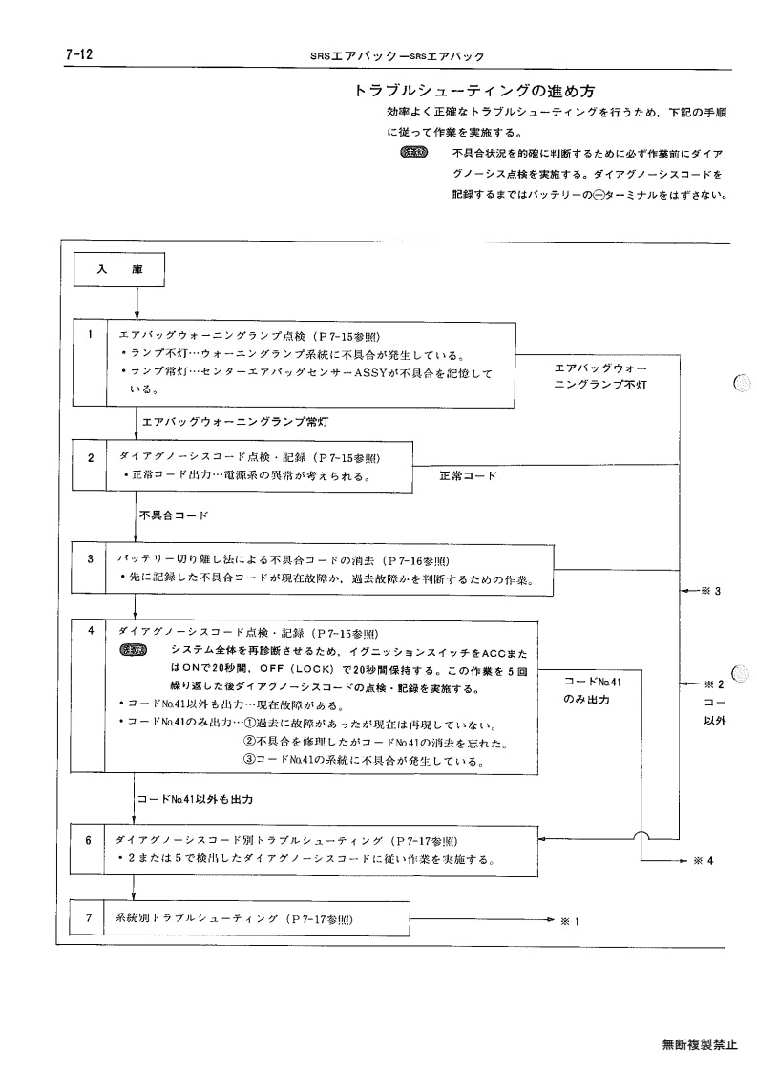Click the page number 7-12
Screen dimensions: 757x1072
(79, 54)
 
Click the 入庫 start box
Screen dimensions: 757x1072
(119, 270)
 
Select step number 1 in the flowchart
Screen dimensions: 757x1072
(90, 334)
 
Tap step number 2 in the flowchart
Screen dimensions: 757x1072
(91, 458)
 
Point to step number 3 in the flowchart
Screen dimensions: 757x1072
(91, 558)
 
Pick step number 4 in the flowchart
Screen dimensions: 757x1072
(91, 630)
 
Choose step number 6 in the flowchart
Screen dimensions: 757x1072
(88, 840)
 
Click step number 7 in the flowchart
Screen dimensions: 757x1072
(88, 917)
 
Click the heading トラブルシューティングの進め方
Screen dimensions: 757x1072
(474, 91)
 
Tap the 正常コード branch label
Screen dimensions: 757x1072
(469, 475)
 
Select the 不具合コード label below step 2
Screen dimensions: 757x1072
(174, 515)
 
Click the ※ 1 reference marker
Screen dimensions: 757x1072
(570, 921)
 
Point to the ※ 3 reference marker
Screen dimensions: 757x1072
(710, 591)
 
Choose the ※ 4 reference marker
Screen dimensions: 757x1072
(704, 861)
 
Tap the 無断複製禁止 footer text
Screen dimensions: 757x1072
(701, 1044)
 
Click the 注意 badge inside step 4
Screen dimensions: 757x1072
(133, 650)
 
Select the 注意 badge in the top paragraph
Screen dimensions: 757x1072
(413, 152)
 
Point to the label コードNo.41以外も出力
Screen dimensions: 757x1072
(196, 799)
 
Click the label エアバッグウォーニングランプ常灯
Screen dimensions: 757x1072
(235, 422)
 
